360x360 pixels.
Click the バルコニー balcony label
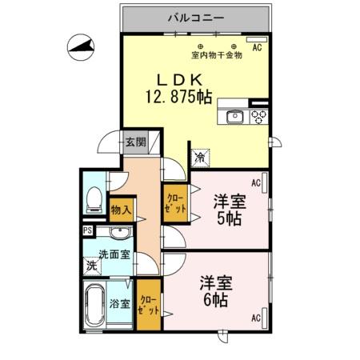(196, 16)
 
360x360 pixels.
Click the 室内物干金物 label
(217, 55)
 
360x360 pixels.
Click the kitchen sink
(234, 117)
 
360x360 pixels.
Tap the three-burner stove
(258, 117)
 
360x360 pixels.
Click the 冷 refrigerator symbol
(199, 158)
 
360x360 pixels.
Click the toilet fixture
(94, 197)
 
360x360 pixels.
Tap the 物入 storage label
(122, 210)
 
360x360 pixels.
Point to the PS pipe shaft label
(87, 231)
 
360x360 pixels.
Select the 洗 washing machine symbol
(92, 266)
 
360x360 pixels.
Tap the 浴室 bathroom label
(119, 304)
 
